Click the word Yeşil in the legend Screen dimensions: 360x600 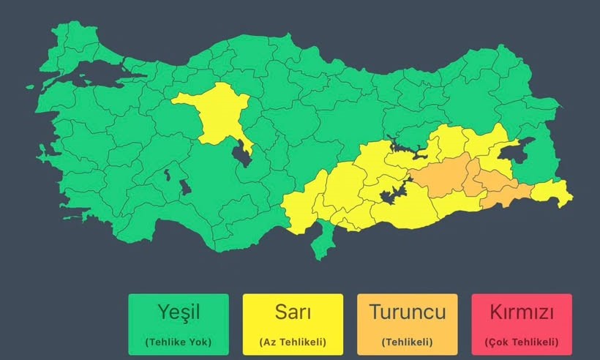coord(178,312)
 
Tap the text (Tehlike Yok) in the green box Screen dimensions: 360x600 coord(178,342)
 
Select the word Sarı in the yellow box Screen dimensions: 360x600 coord(293,312)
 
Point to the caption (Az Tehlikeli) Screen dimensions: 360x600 coord(293,342)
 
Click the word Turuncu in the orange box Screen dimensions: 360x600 coord(407,312)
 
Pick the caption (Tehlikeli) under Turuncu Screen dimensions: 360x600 coord(407,342)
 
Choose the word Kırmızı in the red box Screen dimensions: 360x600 coord(522,312)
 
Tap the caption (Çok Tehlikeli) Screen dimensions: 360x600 coord(522,342)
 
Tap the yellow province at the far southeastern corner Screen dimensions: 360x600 coord(553,193)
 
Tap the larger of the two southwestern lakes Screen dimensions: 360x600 coord(185,187)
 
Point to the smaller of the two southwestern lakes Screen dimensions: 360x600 coord(168,175)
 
